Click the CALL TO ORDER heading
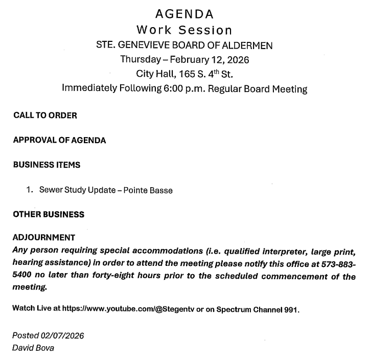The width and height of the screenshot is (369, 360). click(45, 116)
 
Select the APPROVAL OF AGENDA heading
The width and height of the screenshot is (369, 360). click(59, 141)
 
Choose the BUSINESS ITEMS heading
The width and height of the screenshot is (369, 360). click(47, 165)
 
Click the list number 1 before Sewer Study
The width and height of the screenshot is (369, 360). click(30, 190)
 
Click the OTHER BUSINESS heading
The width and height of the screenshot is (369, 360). click(49, 215)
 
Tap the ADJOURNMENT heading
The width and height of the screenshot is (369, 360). click(44, 238)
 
